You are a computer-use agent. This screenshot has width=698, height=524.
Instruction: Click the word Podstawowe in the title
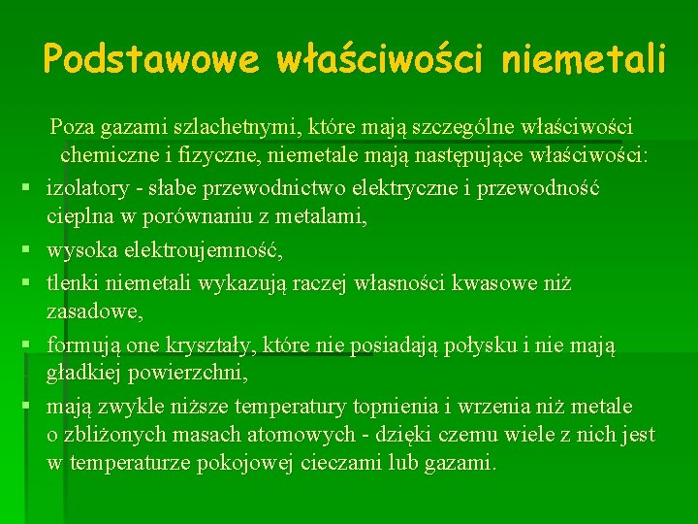[151, 60]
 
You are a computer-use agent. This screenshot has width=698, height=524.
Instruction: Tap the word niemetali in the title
[584, 60]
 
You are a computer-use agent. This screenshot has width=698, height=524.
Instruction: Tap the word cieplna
[81, 217]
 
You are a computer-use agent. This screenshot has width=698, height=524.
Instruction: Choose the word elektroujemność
[215, 251]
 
